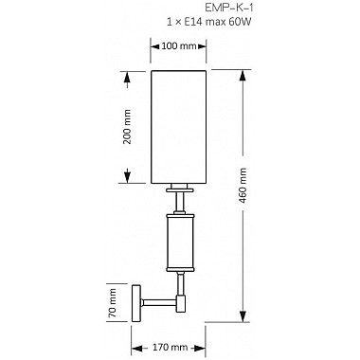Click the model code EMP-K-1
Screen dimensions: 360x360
coord(229,8)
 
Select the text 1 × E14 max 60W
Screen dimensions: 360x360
coord(209,22)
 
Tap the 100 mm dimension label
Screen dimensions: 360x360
coord(179,46)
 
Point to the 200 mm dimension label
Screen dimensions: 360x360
coord(127,127)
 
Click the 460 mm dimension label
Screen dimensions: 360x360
coord(243,186)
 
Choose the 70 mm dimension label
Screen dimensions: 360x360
coord(112,303)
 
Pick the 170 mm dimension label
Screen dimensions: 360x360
coord(171,348)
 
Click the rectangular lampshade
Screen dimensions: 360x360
coord(178,127)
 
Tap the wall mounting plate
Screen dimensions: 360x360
coord(136,303)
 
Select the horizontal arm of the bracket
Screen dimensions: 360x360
coord(158,302)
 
